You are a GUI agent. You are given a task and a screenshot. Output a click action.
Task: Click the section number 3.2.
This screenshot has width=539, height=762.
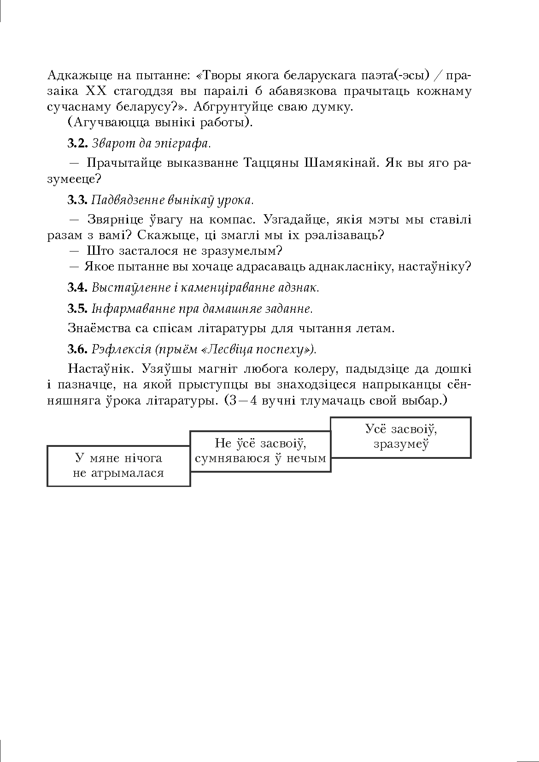coord(77,143)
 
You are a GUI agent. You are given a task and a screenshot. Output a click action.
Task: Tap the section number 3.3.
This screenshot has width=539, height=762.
coord(77,200)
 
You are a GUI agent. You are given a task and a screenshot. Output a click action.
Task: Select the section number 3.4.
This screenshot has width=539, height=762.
coord(77,288)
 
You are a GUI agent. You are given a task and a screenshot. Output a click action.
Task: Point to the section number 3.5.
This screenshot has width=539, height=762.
coord(77,308)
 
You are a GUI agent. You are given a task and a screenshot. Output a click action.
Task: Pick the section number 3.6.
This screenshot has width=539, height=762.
coord(77,349)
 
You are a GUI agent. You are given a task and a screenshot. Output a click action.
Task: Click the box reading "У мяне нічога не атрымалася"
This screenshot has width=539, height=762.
coord(118,466)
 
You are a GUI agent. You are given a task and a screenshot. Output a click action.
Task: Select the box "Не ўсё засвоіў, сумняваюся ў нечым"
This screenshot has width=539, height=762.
coord(260,451)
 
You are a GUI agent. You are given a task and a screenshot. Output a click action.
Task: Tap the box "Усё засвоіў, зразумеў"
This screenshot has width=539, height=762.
coord(401,437)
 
